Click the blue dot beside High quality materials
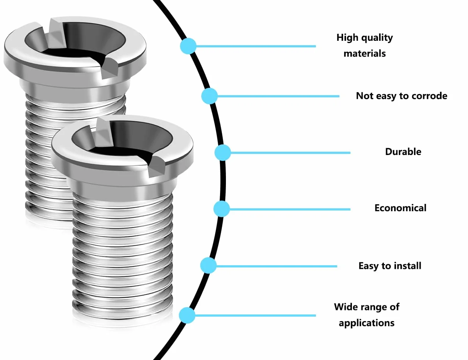(188, 46)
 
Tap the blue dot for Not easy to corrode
(209, 96)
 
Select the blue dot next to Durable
(223, 153)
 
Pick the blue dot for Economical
(222, 209)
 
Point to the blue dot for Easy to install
(208, 266)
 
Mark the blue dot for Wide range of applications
(187, 316)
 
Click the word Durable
(403, 152)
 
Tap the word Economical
(400, 208)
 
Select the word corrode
(429, 96)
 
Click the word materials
(365, 54)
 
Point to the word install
(408, 266)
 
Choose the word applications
(367, 323)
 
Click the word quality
(377, 38)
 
